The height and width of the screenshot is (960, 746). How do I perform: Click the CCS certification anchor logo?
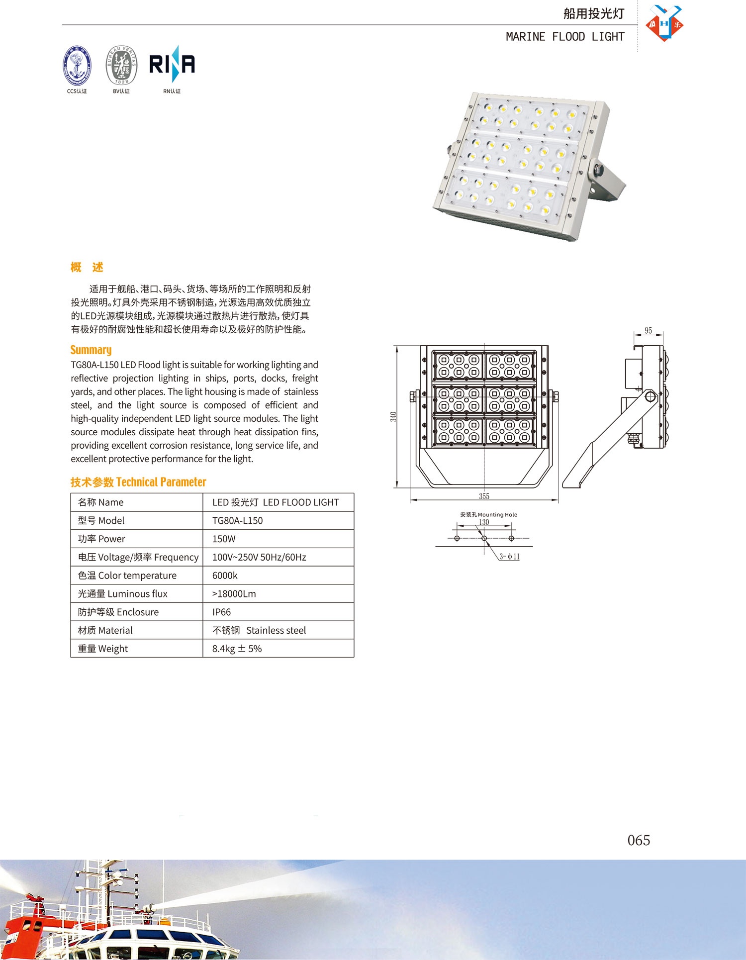(x=77, y=65)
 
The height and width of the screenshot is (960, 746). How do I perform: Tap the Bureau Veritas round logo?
(x=121, y=65)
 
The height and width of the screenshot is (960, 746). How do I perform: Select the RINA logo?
(x=172, y=65)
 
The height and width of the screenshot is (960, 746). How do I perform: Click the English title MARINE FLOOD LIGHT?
(x=565, y=37)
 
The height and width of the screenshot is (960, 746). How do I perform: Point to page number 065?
(x=639, y=840)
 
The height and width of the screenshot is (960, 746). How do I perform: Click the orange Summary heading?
(x=91, y=350)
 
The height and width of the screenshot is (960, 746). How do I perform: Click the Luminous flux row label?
(x=123, y=594)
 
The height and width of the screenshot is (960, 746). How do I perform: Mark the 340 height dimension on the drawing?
(x=393, y=417)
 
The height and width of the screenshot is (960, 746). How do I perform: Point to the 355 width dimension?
(x=484, y=496)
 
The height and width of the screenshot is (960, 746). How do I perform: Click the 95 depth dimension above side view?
(x=648, y=331)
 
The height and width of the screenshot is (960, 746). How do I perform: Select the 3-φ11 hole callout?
(x=509, y=557)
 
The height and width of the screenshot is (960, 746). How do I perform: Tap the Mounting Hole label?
(x=488, y=515)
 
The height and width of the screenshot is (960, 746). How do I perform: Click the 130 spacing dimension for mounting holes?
(x=484, y=522)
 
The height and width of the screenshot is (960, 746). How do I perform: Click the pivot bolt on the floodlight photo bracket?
(x=598, y=169)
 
